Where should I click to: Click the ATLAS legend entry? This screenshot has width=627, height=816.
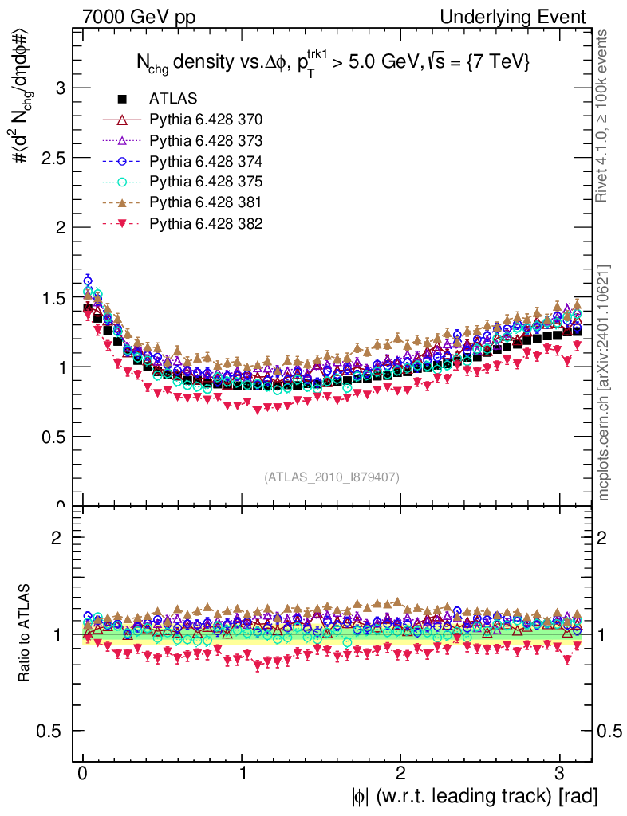pyautogui.click(x=172, y=99)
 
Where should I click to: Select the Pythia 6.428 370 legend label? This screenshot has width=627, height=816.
pyautogui.click(x=206, y=120)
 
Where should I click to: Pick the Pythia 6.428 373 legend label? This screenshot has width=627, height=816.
pyautogui.click(x=206, y=140)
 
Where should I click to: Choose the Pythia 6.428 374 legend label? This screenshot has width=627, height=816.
pyautogui.click(x=206, y=161)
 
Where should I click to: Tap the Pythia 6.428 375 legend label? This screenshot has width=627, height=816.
pyautogui.click(x=206, y=182)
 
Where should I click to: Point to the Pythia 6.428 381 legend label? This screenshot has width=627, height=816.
pyautogui.click(x=206, y=202)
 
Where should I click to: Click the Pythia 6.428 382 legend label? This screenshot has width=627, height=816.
pyautogui.click(x=206, y=223)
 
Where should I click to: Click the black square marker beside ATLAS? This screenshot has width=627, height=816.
pyautogui.click(x=122, y=99)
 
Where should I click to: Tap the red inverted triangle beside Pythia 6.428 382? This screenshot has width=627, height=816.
pyautogui.click(x=122, y=224)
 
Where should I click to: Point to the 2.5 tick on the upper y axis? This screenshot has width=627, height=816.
pyautogui.click(x=51, y=157)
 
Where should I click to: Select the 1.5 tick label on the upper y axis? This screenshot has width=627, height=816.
pyautogui.click(x=51, y=297)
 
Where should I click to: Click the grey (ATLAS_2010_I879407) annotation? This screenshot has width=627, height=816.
pyautogui.click(x=332, y=477)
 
